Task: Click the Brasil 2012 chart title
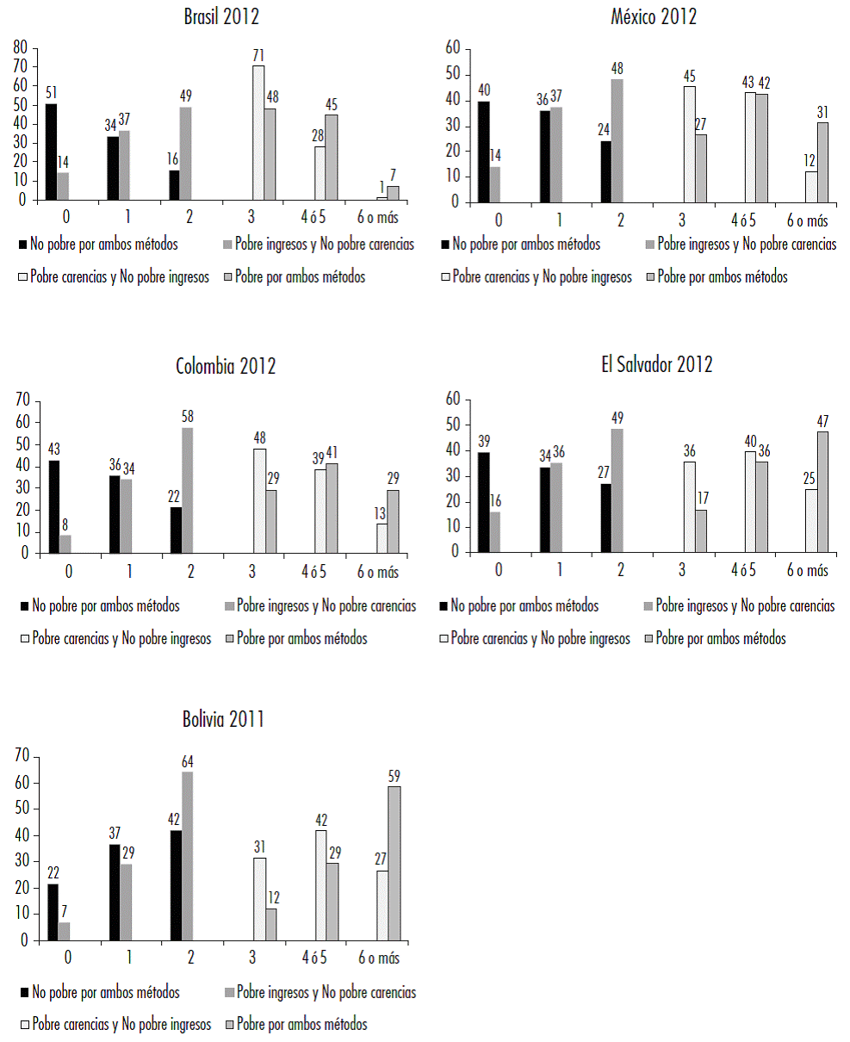coord(221,16)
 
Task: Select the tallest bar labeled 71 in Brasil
coord(258,133)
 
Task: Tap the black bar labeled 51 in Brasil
coord(51,152)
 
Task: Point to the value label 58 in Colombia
coord(187,416)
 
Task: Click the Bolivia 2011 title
coord(222,720)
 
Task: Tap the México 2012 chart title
coord(654,16)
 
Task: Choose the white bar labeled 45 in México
coord(689,144)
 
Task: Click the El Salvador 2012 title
coord(657,364)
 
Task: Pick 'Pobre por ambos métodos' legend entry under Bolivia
coord(301,1024)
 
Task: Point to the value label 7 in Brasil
coord(393,173)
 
